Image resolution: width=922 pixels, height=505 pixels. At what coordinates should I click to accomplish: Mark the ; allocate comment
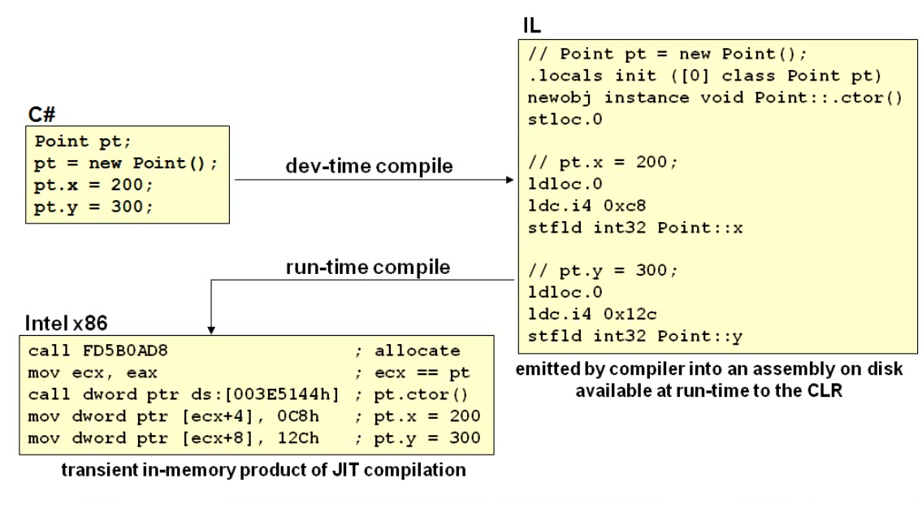tap(409, 351)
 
